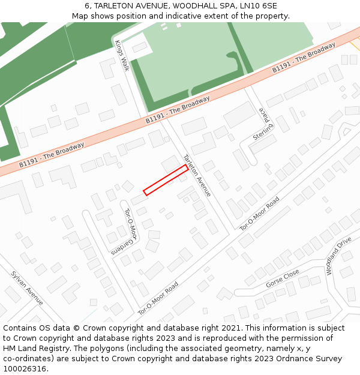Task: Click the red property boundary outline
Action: [x=166, y=179]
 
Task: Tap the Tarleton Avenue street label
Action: [x=197, y=175]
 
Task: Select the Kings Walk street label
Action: [x=122, y=56]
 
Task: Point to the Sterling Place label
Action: [x=263, y=124]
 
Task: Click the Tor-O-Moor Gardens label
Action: [x=130, y=229]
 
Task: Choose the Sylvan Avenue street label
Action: [x=27, y=287]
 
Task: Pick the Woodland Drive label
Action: [x=338, y=256]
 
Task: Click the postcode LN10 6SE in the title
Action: [x=257, y=6]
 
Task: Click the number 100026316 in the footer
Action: [x=25, y=369]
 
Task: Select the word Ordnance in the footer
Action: [x=284, y=359]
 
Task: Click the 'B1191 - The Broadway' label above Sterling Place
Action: [x=304, y=58]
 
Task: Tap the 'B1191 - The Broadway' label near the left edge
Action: [x=52, y=154]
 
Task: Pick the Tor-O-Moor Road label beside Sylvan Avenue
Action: [x=158, y=299]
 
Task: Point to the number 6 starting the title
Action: [x=87, y=6]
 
